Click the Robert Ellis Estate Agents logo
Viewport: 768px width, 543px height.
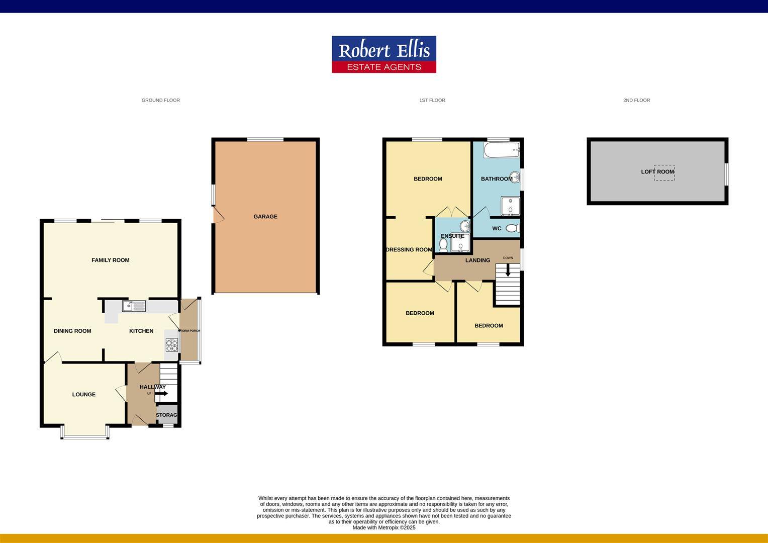(x=384, y=54)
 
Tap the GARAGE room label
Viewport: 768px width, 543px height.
(x=265, y=217)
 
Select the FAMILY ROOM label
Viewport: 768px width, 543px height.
(x=111, y=260)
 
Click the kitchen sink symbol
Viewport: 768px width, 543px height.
(x=134, y=306)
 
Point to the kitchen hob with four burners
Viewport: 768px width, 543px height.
(x=172, y=345)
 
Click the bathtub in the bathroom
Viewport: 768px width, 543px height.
(x=501, y=150)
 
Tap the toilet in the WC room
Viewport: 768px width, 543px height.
(x=512, y=229)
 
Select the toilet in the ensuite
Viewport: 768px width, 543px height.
(x=443, y=245)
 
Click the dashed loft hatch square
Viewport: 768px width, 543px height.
(x=664, y=173)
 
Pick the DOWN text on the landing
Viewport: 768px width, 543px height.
(x=508, y=258)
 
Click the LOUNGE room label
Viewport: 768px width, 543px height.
(x=84, y=395)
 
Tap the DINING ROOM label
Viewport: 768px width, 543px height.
(x=72, y=331)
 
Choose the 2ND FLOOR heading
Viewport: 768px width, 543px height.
(x=636, y=101)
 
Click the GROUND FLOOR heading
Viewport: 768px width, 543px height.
(x=161, y=101)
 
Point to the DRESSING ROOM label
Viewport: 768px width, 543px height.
(x=409, y=250)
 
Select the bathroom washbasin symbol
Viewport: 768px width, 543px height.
(x=515, y=177)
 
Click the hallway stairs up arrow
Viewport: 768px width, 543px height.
(x=162, y=393)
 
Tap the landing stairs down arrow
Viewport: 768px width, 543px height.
(x=508, y=270)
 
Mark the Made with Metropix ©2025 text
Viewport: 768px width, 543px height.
(x=384, y=528)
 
